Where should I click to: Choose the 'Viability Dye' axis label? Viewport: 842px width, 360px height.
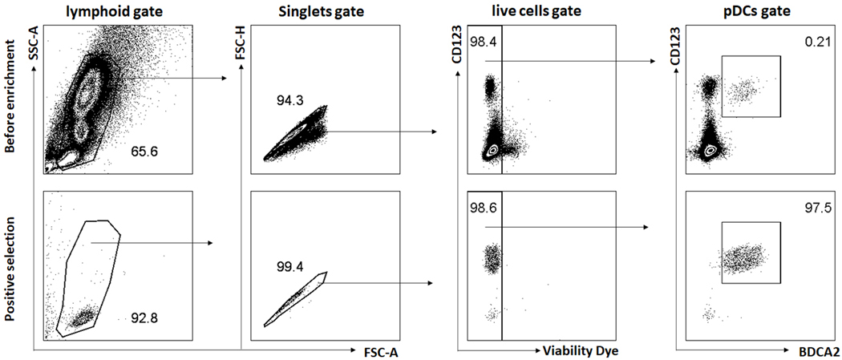(x=581, y=350)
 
